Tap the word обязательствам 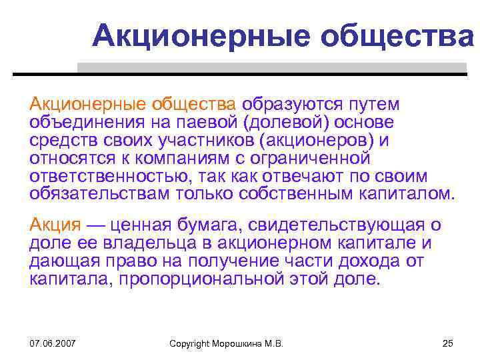(99, 195)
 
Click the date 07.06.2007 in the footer (52, 343)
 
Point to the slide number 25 (447, 343)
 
